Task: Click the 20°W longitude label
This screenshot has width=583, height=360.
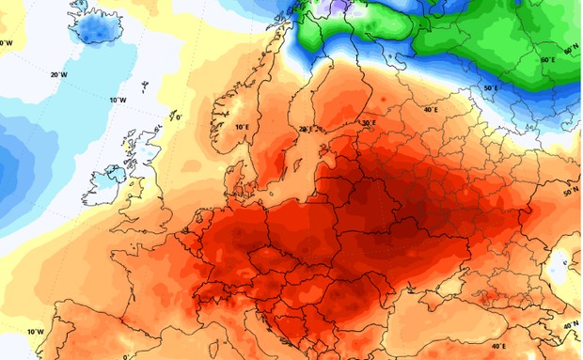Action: (x=58, y=74)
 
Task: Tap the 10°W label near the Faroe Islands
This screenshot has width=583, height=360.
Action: (x=118, y=100)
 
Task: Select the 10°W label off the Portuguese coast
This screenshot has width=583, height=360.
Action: (x=35, y=332)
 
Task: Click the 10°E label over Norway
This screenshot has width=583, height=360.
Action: (x=242, y=126)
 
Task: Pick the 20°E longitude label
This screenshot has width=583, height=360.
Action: (x=304, y=129)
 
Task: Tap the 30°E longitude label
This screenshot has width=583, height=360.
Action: (x=368, y=122)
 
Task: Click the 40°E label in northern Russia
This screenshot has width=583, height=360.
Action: (x=431, y=110)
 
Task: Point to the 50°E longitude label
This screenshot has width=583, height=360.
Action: (x=490, y=88)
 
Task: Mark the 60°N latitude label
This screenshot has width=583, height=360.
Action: (x=571, y=48)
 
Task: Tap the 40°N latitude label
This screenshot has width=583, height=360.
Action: (x=570, y=325)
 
